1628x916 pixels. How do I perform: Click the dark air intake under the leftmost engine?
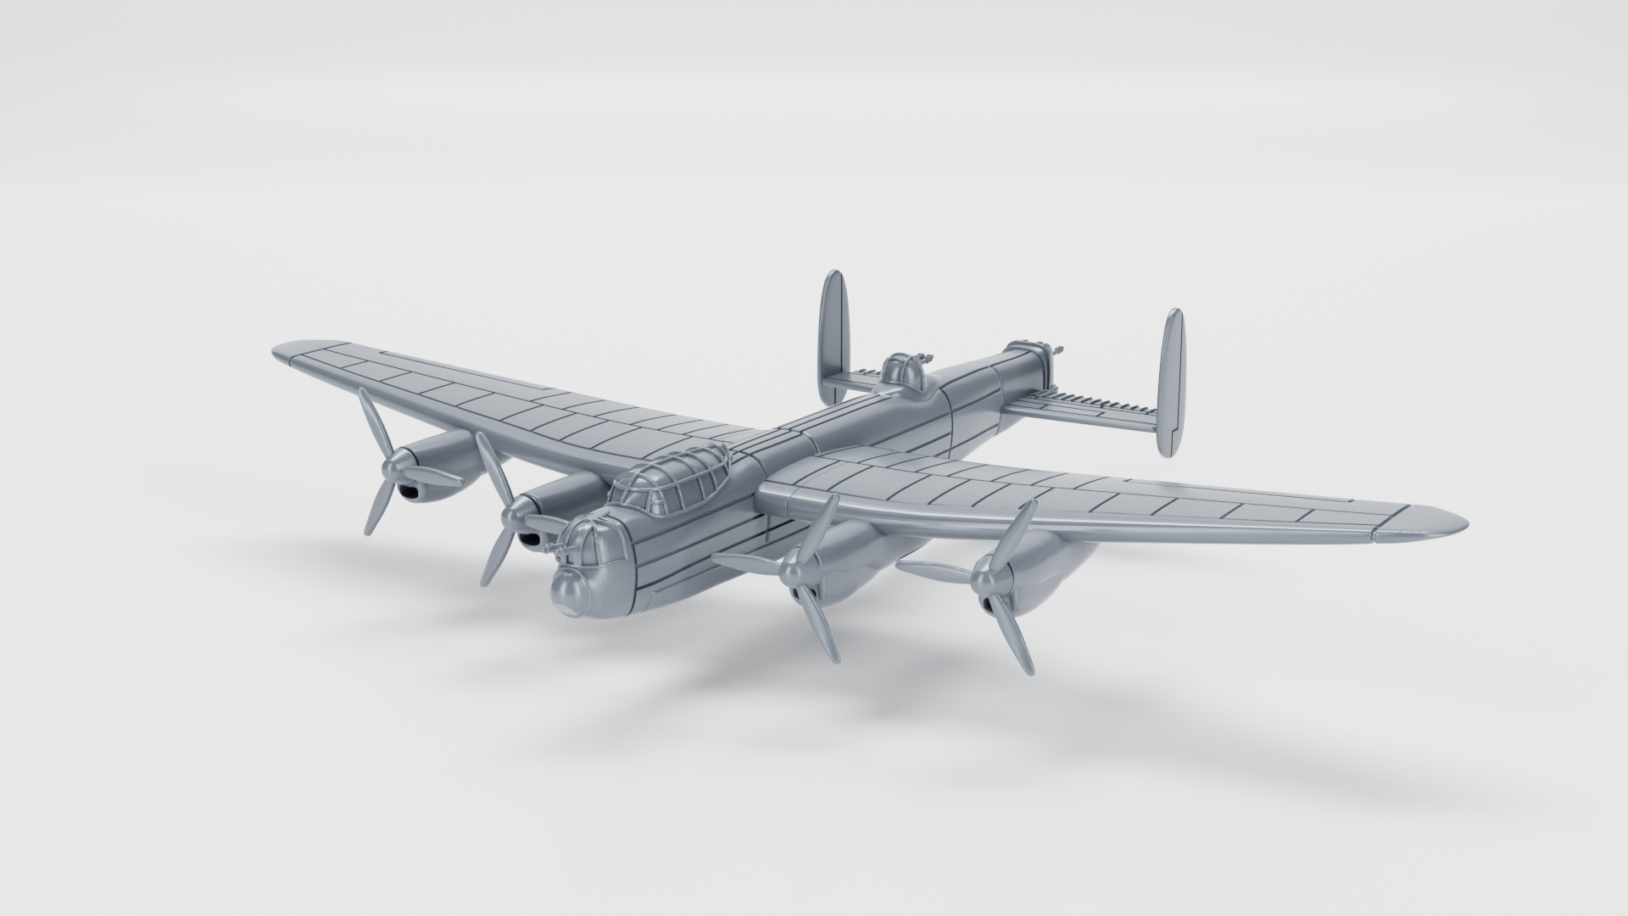[x=409, y=493]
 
